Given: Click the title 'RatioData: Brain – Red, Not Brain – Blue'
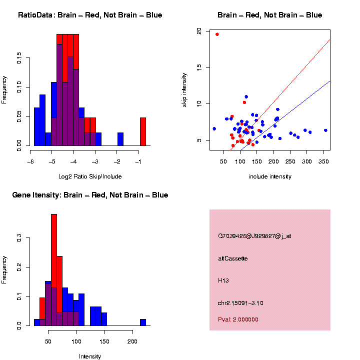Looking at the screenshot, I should click(90, 15).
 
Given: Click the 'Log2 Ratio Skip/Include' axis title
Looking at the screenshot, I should click(90, 176).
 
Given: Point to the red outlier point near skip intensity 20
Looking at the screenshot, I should click(217, 34).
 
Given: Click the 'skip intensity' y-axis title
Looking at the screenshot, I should click(184, 88).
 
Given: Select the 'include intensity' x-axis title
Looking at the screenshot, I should click(270, 176).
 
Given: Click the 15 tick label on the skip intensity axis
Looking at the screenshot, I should click(198, 67).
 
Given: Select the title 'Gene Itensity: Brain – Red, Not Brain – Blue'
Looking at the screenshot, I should click(90, 195).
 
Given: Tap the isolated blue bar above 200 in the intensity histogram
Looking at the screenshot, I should click(143, 322).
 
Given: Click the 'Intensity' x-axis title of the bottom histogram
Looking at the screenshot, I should click(90, 356).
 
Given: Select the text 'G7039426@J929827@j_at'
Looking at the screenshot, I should click(254, 236).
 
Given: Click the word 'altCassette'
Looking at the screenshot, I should click(233, 258).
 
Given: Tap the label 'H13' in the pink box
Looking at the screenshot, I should click(223, 281).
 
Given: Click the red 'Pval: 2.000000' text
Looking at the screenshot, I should click(238, 319).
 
